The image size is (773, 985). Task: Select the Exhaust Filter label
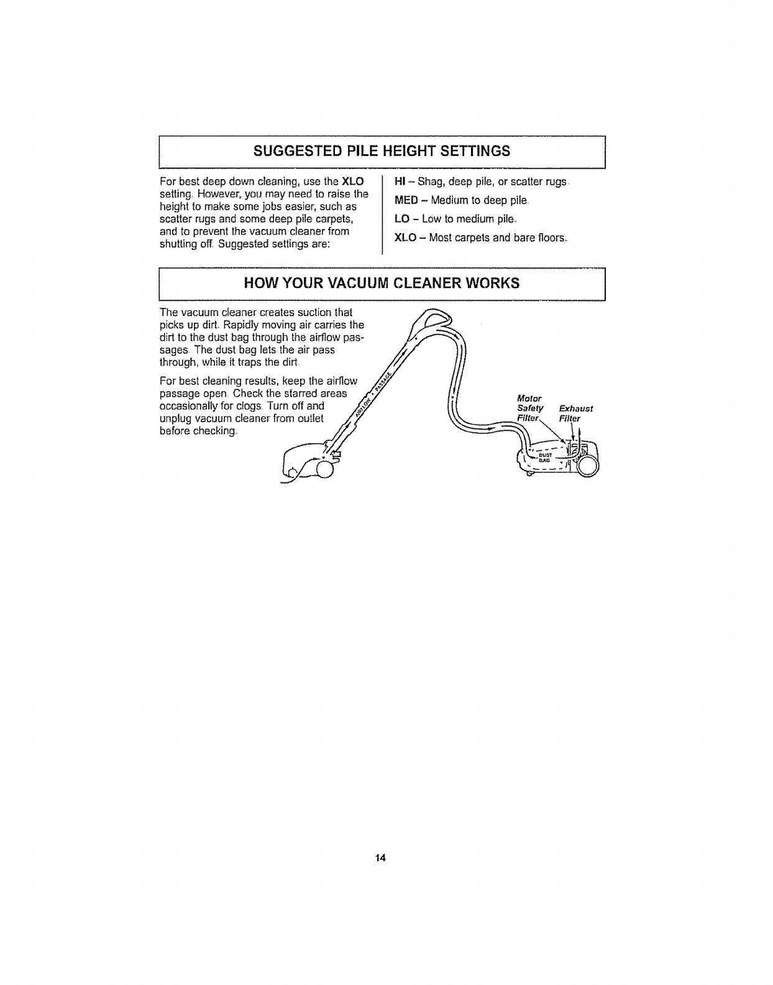click(575, 413)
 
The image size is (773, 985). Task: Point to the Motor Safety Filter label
click(530, 408)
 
